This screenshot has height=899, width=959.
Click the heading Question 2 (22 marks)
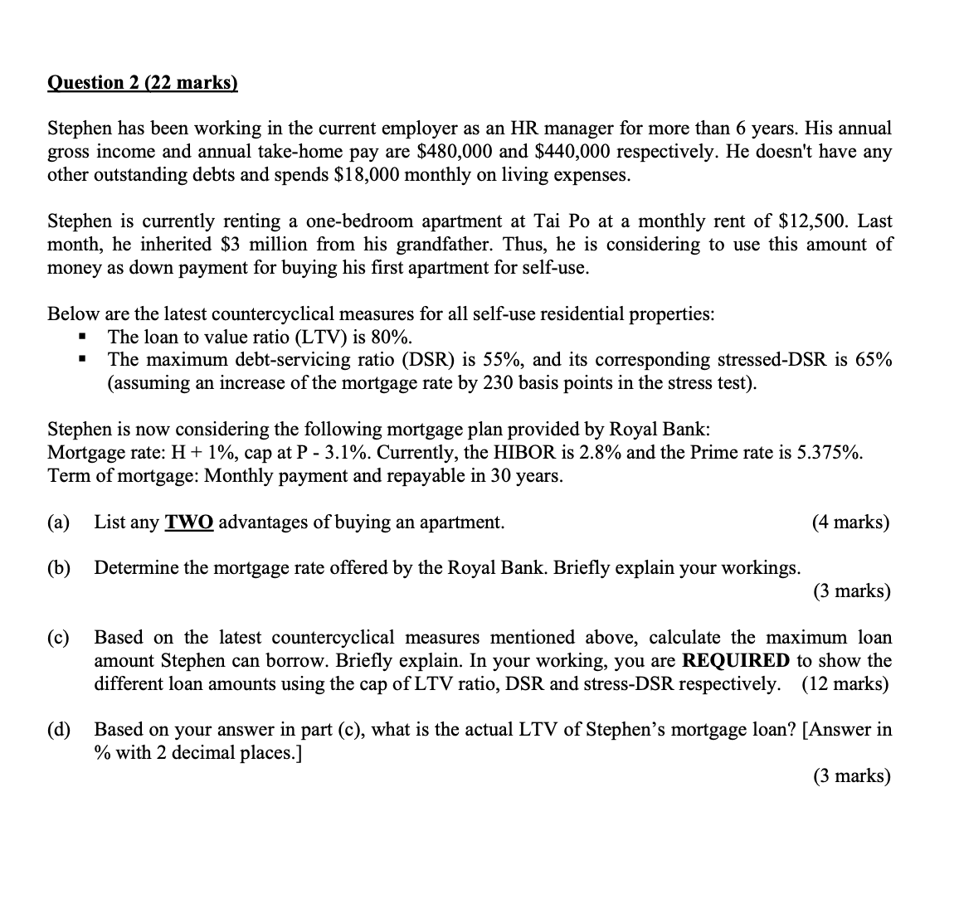[x=142, y=82]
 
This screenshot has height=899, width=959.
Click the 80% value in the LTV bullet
[x=389, y=337]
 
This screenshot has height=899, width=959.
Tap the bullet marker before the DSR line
[x=81, y=360]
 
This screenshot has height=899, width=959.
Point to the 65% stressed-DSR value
[x=873, y=360]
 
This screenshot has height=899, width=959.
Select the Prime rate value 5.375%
[x=830, y=453]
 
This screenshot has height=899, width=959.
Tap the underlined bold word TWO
[x=189, y=522]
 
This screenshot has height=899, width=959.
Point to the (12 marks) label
[x=846, y=684]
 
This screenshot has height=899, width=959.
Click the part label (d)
[x=59, y=730]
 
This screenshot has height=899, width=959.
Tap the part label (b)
[x=59, y=568]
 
